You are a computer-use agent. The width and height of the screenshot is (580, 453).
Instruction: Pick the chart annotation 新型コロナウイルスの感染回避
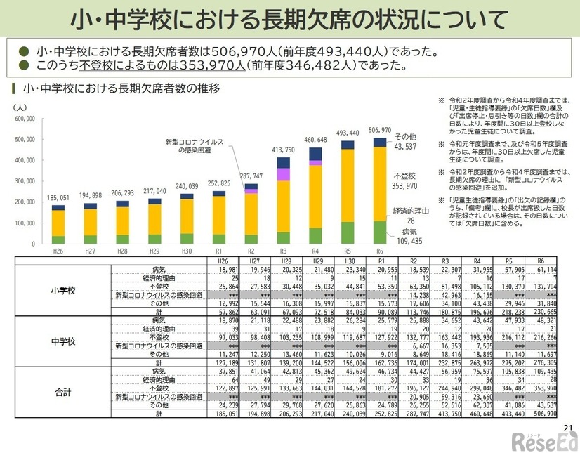195,145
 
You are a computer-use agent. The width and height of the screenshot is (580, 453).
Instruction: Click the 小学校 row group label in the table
63,289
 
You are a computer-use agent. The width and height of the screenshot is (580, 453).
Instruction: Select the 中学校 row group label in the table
63,341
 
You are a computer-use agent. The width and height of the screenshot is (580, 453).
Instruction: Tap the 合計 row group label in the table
63,393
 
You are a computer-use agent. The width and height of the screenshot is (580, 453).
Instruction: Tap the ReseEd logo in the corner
544,441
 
